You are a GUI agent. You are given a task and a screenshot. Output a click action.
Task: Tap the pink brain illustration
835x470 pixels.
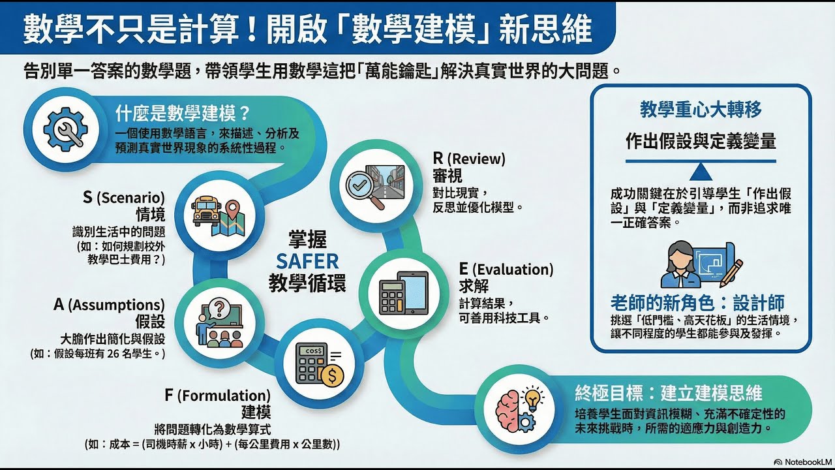pyautogui.click(x=509, y=410)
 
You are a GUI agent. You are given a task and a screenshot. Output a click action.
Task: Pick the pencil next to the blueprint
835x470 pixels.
pyautogui.click(x=735, y=270)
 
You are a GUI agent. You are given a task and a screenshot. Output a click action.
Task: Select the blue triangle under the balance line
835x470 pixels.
pyautogui.click(x=701, y=172)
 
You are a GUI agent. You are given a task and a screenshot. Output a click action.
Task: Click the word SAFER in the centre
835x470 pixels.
pyautogui.click(x=307, y=262)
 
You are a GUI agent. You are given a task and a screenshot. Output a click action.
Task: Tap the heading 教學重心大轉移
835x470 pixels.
pyautogui.click(x=700, y=109)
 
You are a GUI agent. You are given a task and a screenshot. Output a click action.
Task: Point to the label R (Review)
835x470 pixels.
pyautogui.click(x=469, y=159)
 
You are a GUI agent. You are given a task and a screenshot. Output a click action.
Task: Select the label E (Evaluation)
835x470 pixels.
pyautogui.click(x=506, y=269)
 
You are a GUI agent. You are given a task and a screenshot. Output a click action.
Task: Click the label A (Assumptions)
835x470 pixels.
pyautogui.click(x=109, y=304)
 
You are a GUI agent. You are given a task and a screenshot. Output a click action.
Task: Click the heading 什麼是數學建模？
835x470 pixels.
pyautogui.click(x=183, y=114)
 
